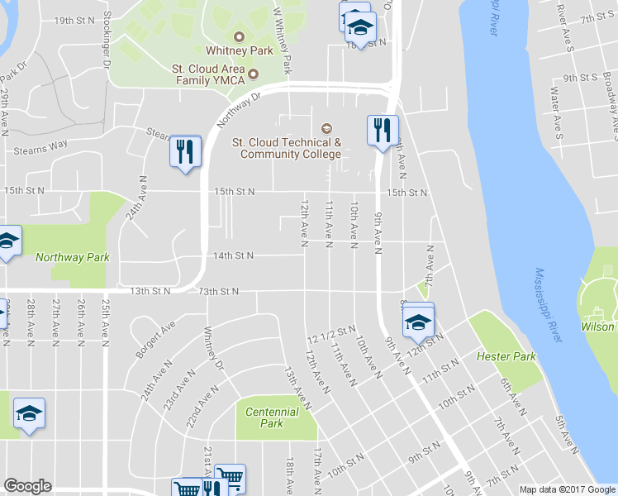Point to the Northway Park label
coord(73,257)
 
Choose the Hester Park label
coord(506,356)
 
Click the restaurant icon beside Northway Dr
coord(185,150)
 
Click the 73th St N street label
coord(219,291)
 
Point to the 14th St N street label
coord(233,256)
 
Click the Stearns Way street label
coord(39,150)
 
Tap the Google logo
coord(27,486)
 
